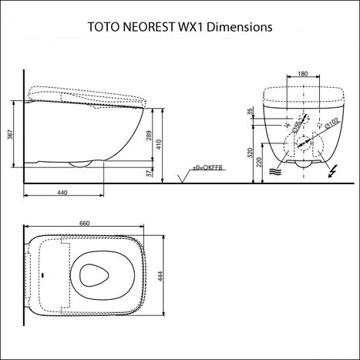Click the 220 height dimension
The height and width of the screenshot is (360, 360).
click(260, 162)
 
